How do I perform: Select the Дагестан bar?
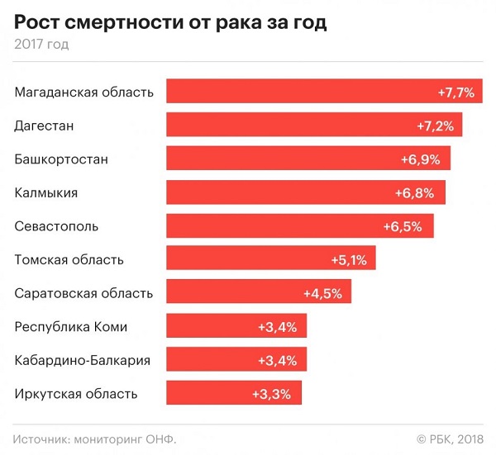tap(314, 125)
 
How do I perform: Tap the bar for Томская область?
tap(271, 259)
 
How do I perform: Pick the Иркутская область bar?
tap(234, 393)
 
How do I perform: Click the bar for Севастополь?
tap(300, 225)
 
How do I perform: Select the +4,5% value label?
tap(322, 293)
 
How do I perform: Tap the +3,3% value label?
tap(272, 394)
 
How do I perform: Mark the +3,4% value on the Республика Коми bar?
tap(278, 327)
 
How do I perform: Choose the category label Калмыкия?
tap(46, 192)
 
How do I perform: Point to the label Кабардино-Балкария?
tap(83, 360)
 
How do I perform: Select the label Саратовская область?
tap(83, 293)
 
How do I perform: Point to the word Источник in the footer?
tap(42, 438)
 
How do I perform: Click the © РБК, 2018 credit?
tap(449, 438)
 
